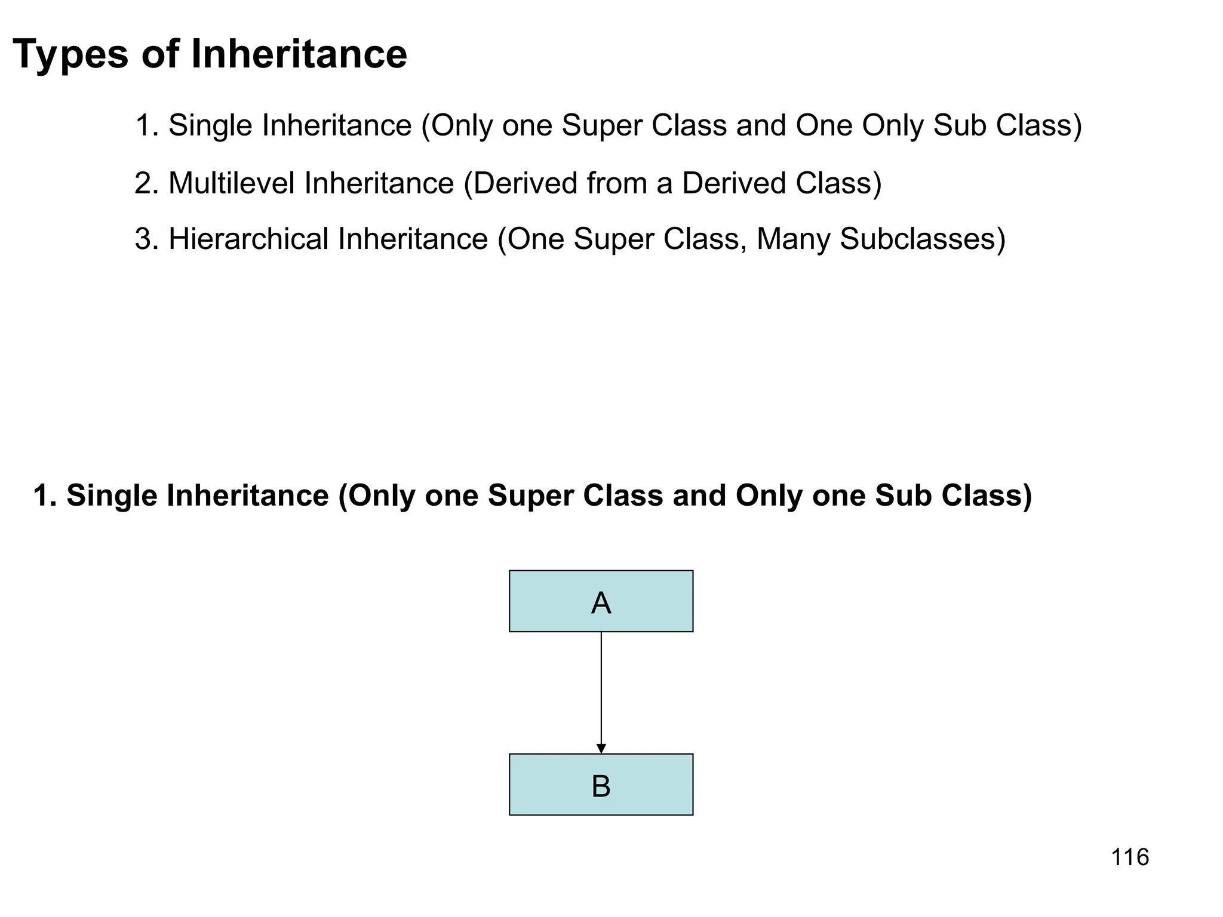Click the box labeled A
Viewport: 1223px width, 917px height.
point(601,601)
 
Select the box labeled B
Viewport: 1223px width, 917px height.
point(601,784)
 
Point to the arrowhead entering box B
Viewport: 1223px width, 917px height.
point(601,748)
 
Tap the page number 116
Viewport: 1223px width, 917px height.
point(1130,857)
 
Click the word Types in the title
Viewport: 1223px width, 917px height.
point(70,55)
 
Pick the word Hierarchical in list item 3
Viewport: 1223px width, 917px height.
point(248,239)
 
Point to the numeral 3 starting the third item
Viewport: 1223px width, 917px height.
point(142,239)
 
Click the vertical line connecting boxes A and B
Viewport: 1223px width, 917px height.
point(601,687)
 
